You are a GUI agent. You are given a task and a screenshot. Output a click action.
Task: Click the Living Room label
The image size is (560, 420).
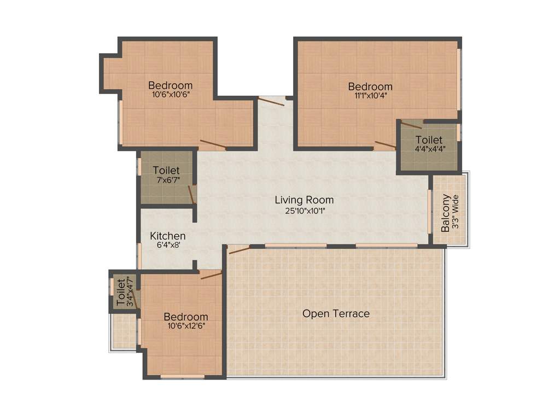[x=304, y=200]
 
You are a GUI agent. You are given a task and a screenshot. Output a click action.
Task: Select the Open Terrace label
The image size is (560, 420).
[x=336, y=313]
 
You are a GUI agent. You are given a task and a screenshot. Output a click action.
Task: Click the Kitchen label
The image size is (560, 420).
[x=168, y=236]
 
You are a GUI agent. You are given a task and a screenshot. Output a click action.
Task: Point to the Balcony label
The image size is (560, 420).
[x=446, y=213]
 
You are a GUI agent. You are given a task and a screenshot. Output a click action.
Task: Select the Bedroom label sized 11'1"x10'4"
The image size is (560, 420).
[x=370, y=86]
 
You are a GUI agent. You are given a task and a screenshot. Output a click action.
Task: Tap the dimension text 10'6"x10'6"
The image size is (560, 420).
[x=170, y=95]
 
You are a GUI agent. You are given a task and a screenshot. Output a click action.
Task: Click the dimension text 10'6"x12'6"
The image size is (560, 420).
[x=186, y=326]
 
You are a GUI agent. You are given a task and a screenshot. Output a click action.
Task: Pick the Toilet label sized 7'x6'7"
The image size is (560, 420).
[x=166, y=171]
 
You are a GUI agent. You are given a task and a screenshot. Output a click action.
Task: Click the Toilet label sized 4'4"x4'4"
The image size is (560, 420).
[x=428, y=140]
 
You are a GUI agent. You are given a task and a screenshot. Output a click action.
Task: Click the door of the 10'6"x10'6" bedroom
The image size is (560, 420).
[x=213, y=144]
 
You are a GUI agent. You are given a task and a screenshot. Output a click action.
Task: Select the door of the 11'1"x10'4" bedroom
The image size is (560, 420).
[x=385, y=144]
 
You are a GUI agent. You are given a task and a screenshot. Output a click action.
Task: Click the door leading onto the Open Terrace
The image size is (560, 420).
[x=239, y=249]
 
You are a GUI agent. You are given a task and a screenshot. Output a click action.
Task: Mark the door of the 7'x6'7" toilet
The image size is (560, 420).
[x=192, y=194]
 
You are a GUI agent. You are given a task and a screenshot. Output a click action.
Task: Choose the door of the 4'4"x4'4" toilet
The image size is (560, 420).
[x=411, y=125]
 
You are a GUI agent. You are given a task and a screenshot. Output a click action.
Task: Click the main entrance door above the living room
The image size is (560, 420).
[x=271, y=100]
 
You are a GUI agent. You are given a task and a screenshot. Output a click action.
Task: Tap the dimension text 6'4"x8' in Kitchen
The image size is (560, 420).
[x=166, y=246]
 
